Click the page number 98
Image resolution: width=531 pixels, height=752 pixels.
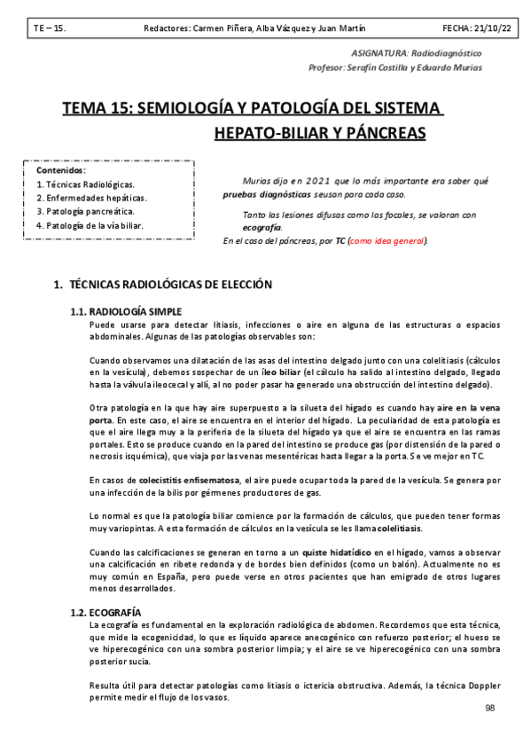click(491, 709)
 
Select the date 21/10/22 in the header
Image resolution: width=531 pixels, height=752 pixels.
click(489, 28)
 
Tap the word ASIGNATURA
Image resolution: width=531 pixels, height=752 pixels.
click(384, 53)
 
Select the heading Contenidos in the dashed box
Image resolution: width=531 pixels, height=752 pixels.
click(61, 169)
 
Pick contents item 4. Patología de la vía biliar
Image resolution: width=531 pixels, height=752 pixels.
click(90, 226)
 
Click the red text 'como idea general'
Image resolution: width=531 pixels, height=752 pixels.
click(387, 240)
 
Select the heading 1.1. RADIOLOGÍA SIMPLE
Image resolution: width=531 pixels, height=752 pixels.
click(126, 311)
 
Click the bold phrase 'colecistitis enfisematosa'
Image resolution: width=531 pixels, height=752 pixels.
click(189, 480)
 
